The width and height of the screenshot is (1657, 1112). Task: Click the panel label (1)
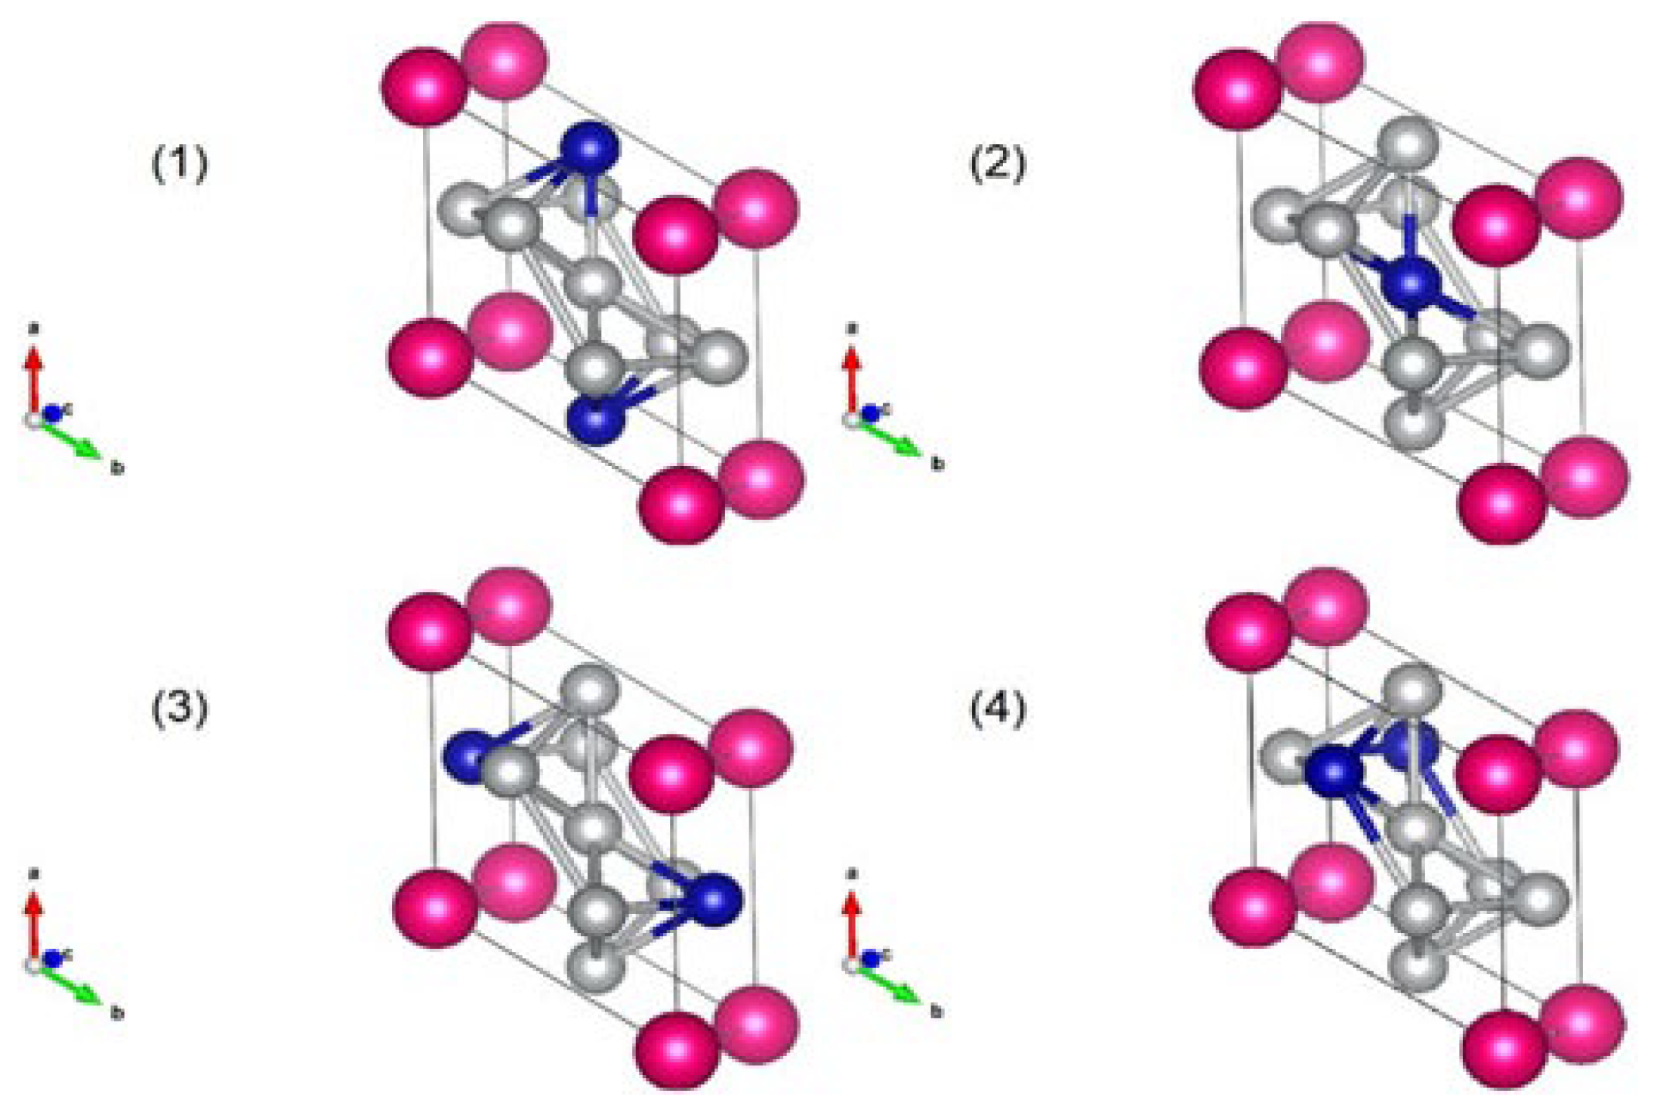click(180, 164)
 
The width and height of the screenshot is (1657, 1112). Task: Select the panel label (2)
click(998, 164)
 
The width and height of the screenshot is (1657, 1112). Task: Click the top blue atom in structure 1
click(588, 150)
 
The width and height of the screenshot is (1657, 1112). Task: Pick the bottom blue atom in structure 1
click(596, 420)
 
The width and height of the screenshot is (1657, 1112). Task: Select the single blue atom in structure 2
click(1410, 285)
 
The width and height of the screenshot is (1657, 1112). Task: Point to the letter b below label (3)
click(117, 1013)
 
